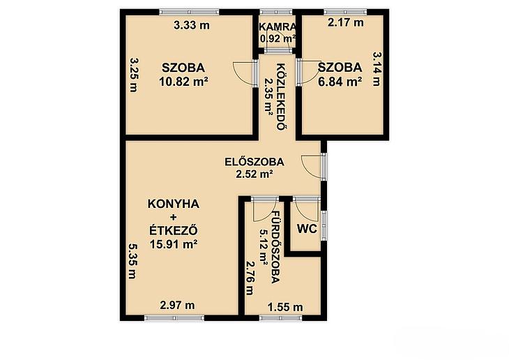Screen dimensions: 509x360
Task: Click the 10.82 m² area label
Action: [x=183, y=81]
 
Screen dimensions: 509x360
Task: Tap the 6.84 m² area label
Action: [x=340, y=81]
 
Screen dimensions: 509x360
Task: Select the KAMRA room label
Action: [x=278, y=27]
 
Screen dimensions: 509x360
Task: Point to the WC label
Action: [x=307, y=229]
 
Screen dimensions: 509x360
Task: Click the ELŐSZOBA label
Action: [x=254, y=161]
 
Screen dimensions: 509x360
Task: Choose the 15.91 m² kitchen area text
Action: [x=174, y=243]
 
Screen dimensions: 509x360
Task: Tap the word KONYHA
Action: [x=174, y=204]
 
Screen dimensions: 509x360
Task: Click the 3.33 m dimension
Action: [x=192, y=25]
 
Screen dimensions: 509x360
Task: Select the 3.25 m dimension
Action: [x=133, y=75]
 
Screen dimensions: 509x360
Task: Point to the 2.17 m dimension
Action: [x=345, y=22]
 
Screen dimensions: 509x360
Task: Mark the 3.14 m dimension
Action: [x=376, y=69]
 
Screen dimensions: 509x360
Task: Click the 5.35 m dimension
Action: [x=132, y=261]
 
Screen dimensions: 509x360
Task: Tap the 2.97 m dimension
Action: [x=177, y=305]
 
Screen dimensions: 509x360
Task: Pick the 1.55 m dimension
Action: [x=285, y=306]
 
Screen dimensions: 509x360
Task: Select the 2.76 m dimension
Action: [x=250, y=278]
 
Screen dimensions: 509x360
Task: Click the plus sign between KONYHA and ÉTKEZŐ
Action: [x=174, y=217]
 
